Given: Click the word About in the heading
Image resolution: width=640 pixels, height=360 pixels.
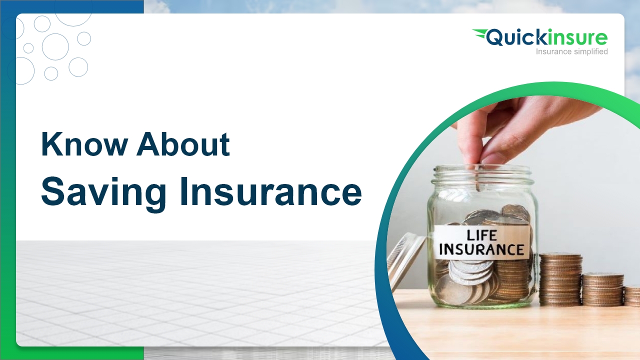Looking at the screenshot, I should (183, 144).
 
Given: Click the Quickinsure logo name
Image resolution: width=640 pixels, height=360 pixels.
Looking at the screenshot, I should (547, 38).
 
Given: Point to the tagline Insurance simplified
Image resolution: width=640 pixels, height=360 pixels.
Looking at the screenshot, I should (571, 51).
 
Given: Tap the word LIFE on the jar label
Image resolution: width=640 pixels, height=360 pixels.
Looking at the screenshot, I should (482, 234).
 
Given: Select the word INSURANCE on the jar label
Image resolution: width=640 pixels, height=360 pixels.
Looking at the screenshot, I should (481, 249).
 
